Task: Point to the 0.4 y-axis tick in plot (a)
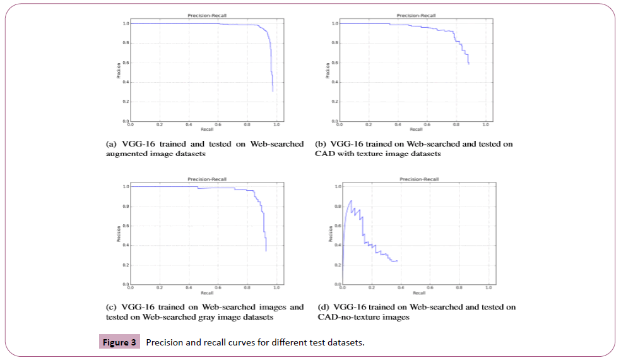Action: [126, 82]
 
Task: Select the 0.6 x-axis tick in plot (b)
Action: [427, 125]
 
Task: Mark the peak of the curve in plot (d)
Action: [351, 201]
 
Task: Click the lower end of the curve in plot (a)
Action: [273, 92]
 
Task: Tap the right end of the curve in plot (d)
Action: [397, 261]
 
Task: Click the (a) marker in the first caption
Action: [111, 144]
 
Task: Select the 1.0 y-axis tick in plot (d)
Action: [337, 186]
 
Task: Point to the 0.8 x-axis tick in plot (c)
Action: [247, 289]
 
